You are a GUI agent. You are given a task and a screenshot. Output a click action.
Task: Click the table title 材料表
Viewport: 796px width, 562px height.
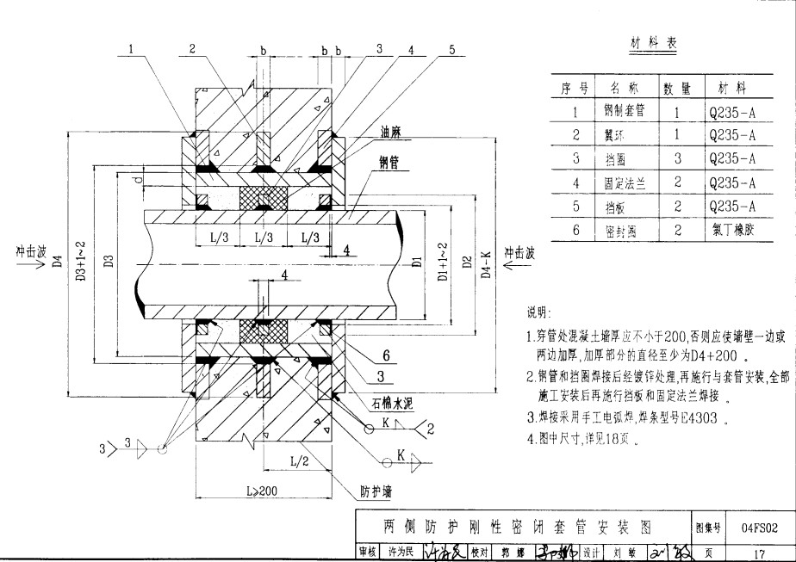coord(652,45)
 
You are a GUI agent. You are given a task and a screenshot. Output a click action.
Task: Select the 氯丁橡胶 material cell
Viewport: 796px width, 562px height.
coord(731,231)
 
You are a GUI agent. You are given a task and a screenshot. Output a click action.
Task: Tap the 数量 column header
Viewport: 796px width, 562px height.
coord(677,88)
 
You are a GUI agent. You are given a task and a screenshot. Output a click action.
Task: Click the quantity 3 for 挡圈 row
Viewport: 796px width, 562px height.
coord(677,159)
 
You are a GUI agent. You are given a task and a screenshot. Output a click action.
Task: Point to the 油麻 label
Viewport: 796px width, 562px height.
coord(392,133)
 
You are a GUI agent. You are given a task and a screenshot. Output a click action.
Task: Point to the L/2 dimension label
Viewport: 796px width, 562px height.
coord(299,461)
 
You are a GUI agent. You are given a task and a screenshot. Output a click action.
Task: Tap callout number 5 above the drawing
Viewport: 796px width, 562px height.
coord(451,50)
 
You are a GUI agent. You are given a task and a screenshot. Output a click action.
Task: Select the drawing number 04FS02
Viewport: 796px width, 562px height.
coord(759,526)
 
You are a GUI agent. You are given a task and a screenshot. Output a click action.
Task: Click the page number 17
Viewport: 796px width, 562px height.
coord(759,553)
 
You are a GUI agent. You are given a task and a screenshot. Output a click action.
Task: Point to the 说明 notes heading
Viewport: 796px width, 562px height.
coord(538,311)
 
